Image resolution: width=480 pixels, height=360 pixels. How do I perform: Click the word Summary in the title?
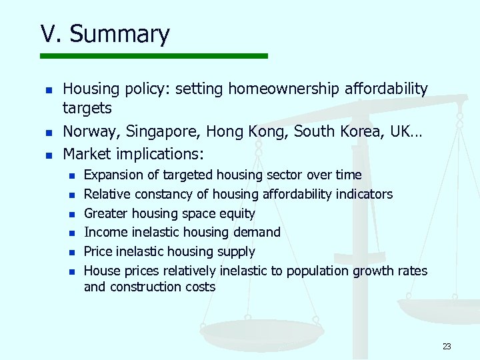119,33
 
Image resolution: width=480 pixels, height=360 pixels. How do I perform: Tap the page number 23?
447,346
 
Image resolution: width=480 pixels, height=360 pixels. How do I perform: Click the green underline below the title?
154,56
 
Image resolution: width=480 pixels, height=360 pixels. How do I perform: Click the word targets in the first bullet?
87,108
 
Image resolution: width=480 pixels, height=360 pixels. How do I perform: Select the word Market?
87,153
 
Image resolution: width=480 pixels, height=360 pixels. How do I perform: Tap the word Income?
104,232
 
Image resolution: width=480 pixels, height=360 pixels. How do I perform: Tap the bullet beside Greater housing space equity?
71,214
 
